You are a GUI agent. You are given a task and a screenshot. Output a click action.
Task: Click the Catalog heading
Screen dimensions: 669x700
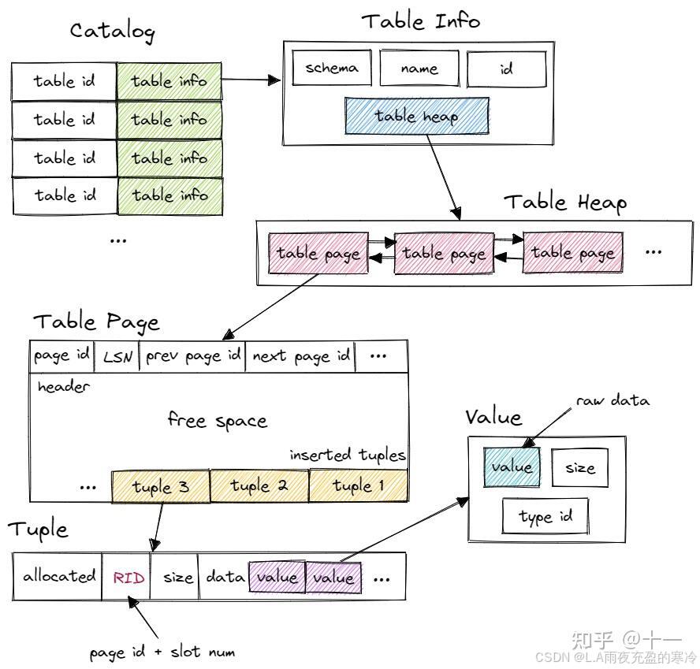(x=112, y=31)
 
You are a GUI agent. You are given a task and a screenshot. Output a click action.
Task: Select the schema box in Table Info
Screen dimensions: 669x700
(x=332, y=68)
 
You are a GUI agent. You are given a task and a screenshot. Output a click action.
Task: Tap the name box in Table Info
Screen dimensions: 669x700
(x=419, y=69)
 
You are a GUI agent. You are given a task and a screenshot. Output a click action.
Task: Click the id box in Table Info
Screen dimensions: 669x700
(x=506, y=69)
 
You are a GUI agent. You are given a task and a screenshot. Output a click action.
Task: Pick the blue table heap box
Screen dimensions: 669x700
(x=416, y=117)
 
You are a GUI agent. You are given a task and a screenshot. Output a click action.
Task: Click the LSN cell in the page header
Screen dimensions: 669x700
(x=117, y=357)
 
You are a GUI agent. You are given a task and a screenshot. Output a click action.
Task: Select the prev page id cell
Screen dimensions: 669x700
(x=192, y=356)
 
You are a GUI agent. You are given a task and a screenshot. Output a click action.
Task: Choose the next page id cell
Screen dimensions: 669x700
(x=300, y=356)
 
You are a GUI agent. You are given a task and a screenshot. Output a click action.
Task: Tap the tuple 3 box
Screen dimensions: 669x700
(x=161, y=486)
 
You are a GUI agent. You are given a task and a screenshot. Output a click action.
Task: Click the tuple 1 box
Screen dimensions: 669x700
(x=358, y=485)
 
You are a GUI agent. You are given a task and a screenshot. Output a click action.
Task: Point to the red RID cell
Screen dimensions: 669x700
(x=128, y=578)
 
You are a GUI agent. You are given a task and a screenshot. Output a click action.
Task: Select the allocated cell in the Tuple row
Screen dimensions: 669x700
(x=58, y=576)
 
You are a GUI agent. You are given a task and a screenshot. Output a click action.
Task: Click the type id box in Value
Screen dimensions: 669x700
(x=545, y=517)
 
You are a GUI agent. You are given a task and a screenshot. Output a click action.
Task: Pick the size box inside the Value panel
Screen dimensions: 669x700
(x=579, y=467)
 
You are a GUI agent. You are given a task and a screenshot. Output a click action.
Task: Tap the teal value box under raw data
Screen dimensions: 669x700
(x=512, y=466)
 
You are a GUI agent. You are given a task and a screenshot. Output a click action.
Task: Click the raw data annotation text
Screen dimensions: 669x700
(x=612, y=401)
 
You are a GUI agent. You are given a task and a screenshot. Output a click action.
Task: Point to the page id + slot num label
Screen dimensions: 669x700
(x=162, y=652)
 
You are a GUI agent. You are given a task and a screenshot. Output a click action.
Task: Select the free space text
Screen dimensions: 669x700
(x=217, y=420)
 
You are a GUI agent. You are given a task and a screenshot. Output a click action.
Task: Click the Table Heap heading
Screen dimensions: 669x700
(x=565, y=203)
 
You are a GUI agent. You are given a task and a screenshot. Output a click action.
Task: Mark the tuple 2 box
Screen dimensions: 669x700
(x=259, y=486)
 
